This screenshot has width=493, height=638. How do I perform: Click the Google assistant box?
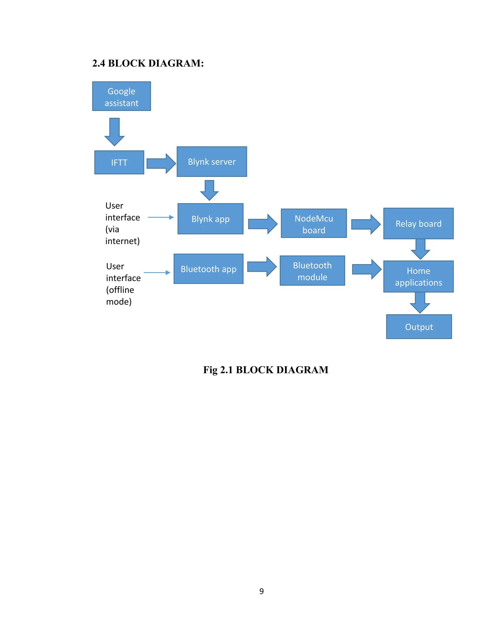[122, 96]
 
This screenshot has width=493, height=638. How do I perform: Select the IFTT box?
[119, 163]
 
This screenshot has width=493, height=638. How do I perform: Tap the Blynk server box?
[212, 162]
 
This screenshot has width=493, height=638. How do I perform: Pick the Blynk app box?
[210, 219]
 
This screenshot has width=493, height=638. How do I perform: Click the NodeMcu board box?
[314, 223]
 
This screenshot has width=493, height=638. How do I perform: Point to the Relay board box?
[418, 223]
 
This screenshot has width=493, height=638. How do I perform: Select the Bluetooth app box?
[208, 269]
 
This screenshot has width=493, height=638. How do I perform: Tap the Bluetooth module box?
[312, 271]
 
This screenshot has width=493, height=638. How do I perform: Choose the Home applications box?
[418, 277]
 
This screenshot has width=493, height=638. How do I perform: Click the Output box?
[419, 327]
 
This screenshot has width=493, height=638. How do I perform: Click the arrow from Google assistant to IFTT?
[115, 132]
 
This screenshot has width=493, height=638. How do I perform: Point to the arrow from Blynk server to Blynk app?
[209, 190]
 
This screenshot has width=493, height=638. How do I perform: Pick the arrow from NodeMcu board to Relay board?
[366, 224]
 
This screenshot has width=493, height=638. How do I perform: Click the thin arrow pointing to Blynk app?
[161, 217]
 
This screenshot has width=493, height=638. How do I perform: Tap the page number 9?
[261, 591]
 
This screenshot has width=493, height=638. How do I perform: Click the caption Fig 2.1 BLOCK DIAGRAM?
[266, 370]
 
